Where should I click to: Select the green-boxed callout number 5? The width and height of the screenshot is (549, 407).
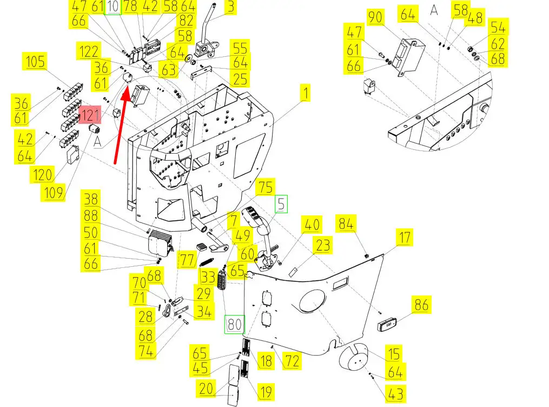click(x=281, y=205)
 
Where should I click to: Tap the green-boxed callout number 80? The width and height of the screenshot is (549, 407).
click(x=235, y=325)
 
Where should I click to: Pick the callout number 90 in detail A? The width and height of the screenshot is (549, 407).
click(x=375, y=18)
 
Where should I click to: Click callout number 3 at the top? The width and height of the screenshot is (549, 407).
click(x=231, y=7)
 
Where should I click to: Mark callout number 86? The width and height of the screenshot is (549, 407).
click(x=421, y=305)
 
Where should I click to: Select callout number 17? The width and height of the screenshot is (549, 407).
click(x=404, y=237)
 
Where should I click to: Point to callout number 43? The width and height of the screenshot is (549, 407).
click(x=395, y=393)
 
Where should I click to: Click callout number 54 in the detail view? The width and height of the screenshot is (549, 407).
click(x=498, y=27)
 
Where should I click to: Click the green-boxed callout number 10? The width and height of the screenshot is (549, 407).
click(x=113, y=7)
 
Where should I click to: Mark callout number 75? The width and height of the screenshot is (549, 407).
click(x=266, y=187)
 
